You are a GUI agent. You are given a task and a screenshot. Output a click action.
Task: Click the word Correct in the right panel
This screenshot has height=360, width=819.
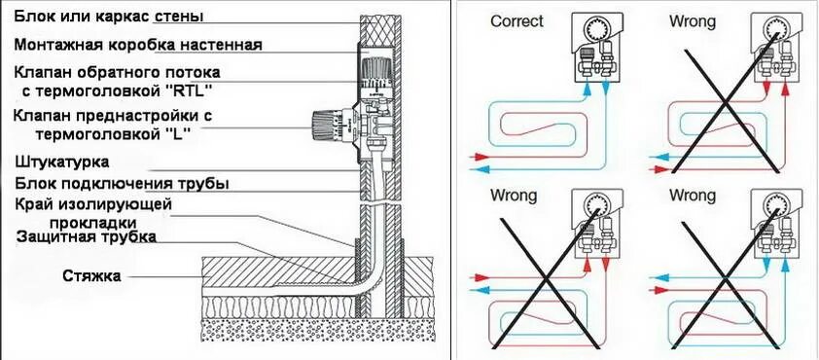[x=517, y=21]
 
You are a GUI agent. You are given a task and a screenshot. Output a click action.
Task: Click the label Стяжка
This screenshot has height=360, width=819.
[x=91, y=275]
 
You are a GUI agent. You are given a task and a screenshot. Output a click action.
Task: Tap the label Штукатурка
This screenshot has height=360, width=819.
[x=61, y=162]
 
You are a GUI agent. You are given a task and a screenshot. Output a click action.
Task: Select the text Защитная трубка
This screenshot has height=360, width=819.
[x=87, y=236]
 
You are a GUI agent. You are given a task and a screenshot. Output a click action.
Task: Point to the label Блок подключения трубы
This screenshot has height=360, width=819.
[x=122, y=184]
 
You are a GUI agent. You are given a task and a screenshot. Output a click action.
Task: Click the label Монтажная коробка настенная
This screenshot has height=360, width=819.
[x=138, y=45]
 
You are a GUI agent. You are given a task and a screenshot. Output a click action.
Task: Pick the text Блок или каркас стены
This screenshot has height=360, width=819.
[x=109, y=17]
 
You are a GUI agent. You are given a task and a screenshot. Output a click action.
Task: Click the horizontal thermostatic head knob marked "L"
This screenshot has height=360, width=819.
[x=328, y=126]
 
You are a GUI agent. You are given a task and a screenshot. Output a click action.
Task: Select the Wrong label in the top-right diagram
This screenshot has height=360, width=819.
[x=693, y=22]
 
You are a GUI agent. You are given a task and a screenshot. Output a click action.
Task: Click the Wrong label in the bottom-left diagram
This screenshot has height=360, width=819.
[x=514, y=196]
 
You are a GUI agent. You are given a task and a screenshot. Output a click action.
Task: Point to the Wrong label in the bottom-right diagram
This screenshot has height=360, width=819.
[x=693, y=196]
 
